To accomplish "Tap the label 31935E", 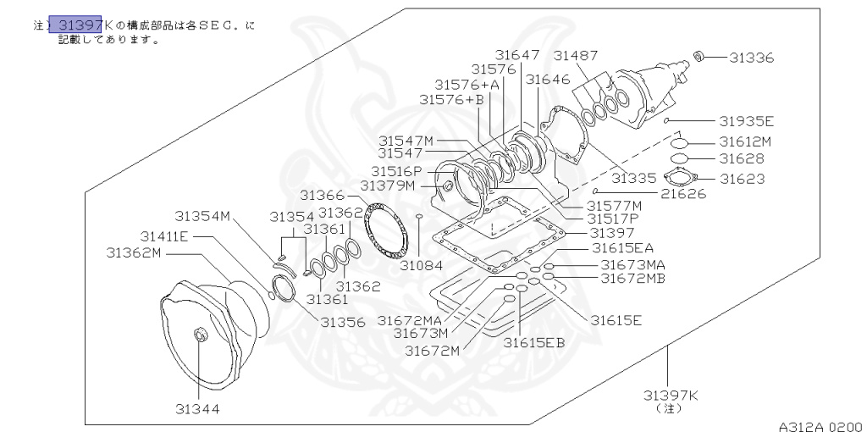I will (748, 121).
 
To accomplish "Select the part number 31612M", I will (746, 141).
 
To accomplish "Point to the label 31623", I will (743, 179).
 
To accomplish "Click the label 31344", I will (198, 408).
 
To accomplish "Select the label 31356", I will (342, 322).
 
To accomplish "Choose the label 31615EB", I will (533, 342).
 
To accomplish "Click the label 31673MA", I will (633, 264).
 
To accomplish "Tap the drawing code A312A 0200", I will (820, 427).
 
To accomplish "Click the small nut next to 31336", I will (699, 57).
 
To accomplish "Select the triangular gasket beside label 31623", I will (681, 179).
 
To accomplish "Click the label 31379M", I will (388, 185).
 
